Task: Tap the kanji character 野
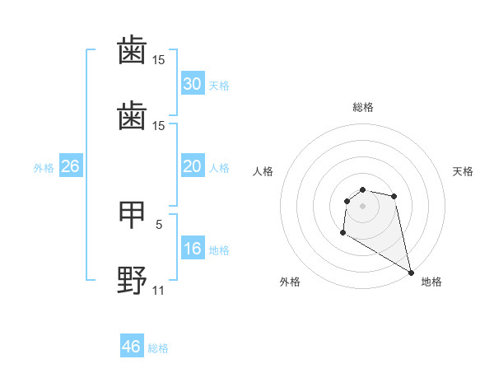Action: pos(132,281)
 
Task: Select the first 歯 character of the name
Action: pos(132,52)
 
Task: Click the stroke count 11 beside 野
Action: pos(159,290)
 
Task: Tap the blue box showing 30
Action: pos(193,84)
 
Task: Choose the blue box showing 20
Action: pos(193,166)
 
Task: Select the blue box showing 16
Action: pos(193,249)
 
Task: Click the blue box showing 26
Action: pos(71,166)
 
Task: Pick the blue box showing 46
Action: pos(132,347)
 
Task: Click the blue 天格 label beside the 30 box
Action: pos(219,86)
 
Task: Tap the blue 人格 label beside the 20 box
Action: pos(219,168)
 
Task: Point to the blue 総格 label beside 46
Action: pos(158,348)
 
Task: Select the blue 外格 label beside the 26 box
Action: pos(44,168)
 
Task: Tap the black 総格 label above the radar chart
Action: pos(363,107)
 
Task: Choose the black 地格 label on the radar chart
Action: pos(431,282)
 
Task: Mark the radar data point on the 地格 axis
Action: pos(411,272)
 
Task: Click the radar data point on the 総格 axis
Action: pos(362,190)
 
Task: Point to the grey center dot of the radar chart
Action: pos(362,206)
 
